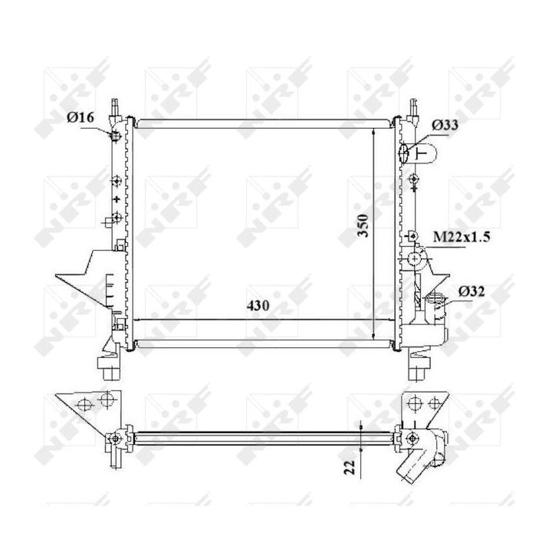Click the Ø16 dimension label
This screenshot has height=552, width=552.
click(80, 117)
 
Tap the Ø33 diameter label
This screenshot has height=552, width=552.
click(445, 125)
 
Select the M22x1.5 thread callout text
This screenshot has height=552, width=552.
click(462, 237)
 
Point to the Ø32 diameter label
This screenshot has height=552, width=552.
click(472, 291)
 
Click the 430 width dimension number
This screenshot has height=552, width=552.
click(258, 306)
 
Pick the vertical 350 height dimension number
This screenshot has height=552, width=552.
click(363, 225)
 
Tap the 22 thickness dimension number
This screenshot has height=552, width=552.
click(350, 468)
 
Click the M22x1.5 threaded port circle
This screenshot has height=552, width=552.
click(414, 259)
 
